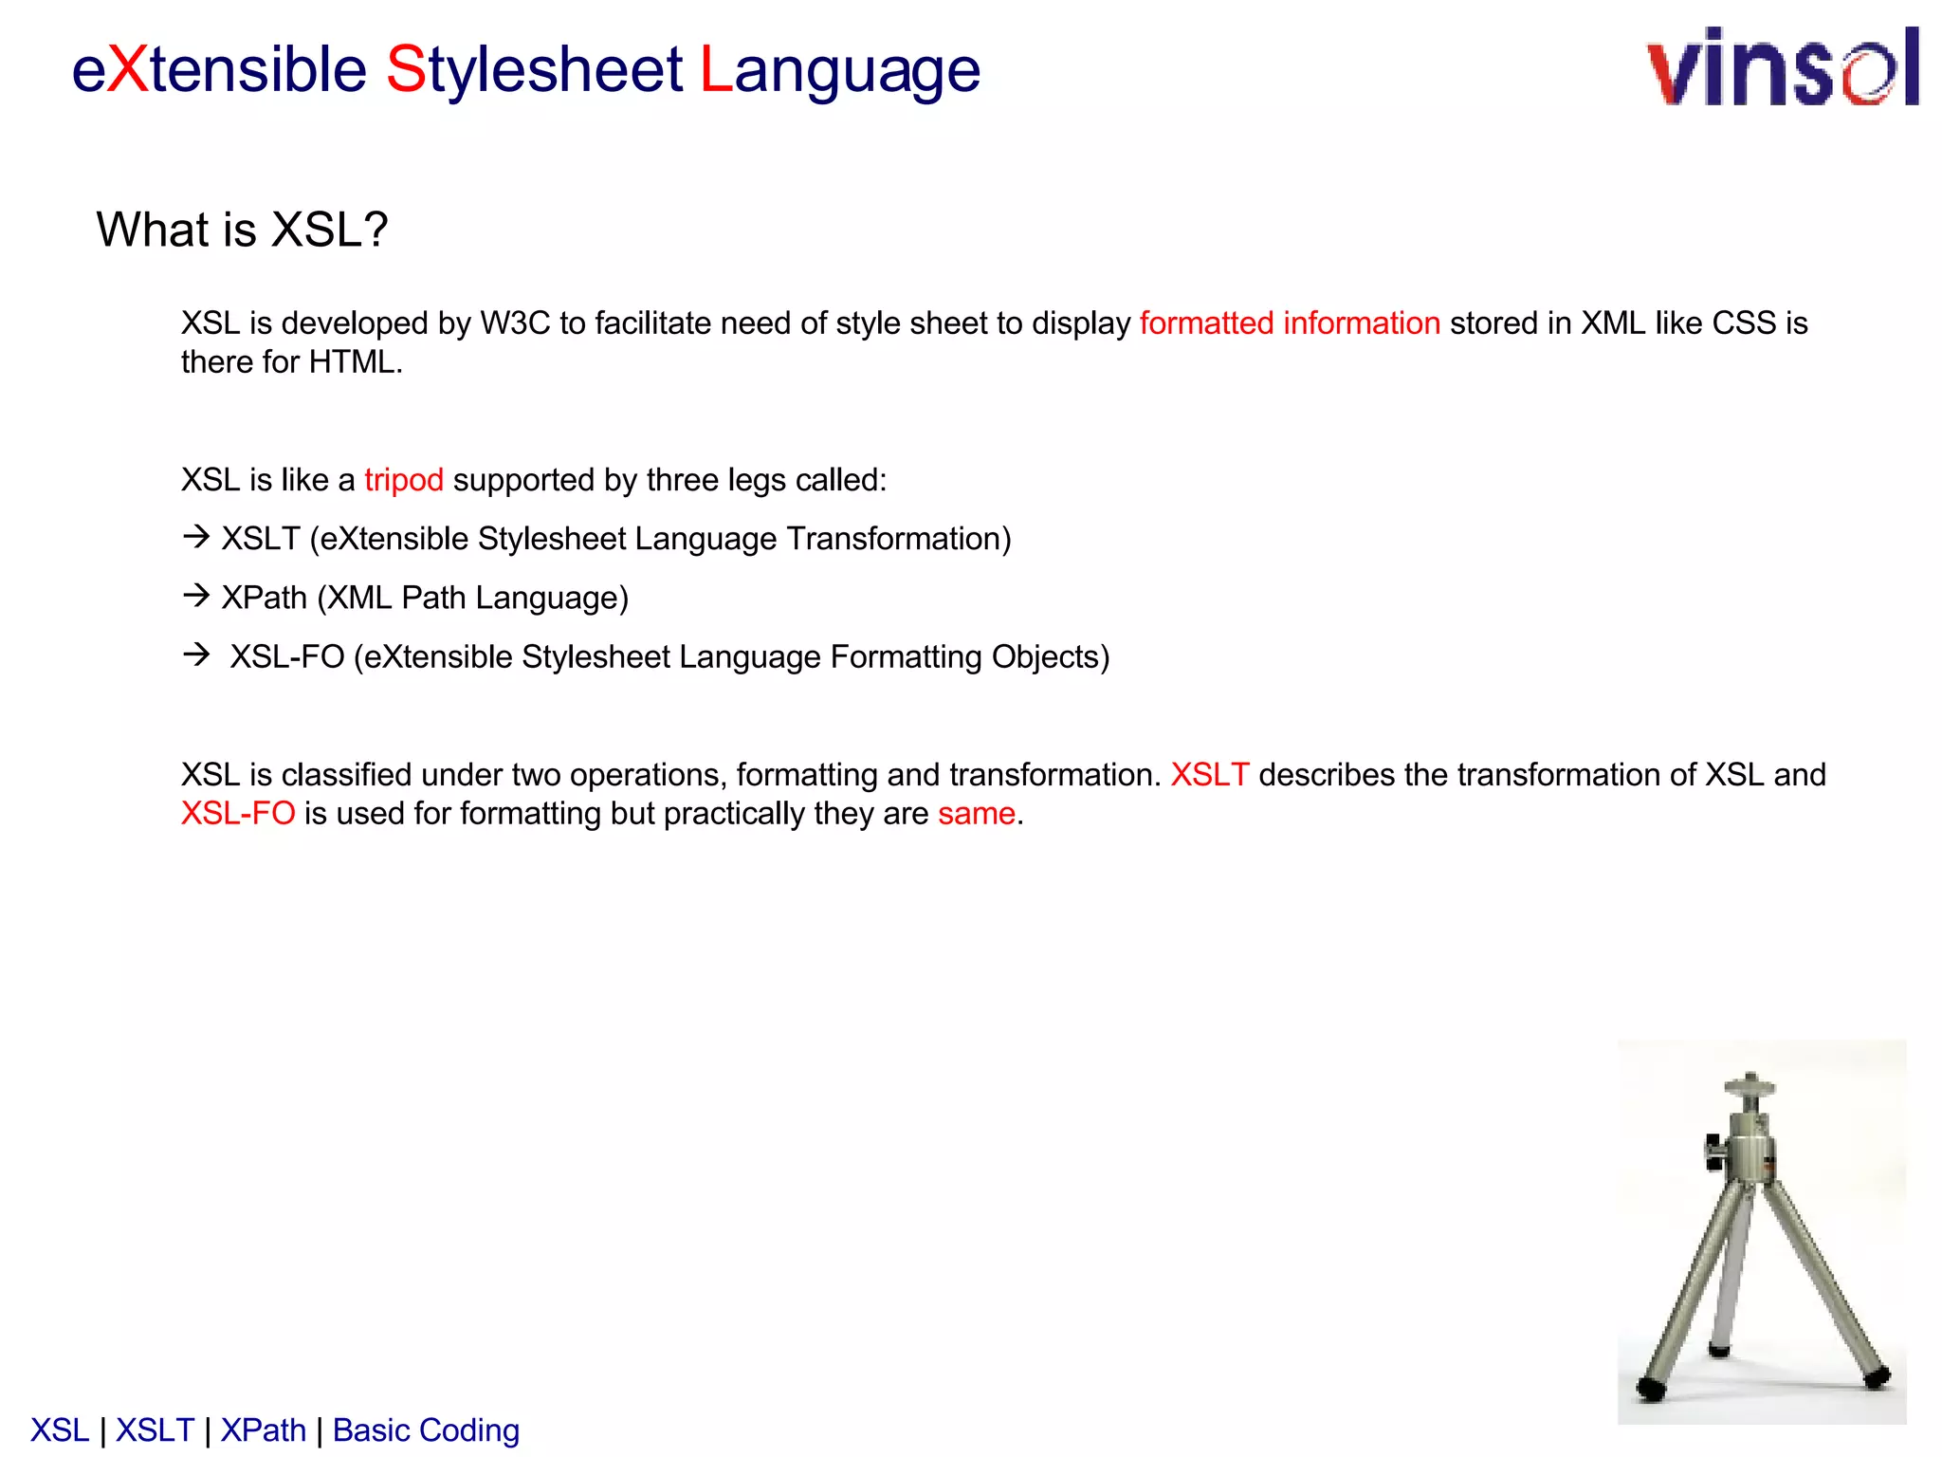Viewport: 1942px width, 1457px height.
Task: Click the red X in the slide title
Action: pyautogui.click(x=127, y=70)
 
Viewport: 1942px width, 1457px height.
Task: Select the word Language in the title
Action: pyautogui.click(x=840, y=70)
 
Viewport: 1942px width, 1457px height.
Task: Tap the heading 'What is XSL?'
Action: pyautogui.click(x=242, y=230)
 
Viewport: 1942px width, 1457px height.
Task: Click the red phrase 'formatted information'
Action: pyautogui.click(x=1290, y=323)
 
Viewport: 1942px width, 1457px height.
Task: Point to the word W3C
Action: pyautogui.click(x=515, y=323)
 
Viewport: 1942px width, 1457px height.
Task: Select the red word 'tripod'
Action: pyautogui.click(x=404, y=480)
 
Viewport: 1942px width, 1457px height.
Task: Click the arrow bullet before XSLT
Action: pyautogui.click(x=196, y=537)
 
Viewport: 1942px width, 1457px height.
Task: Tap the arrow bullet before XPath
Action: pyautogui.click(x=196, y=596)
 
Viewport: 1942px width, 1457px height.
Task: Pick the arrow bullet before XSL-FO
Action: pyautogui.click(x=196, y=655)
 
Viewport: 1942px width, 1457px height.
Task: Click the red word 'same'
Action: pyautogui.click(x=977, y=814)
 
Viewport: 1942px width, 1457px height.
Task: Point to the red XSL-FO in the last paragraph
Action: pyautogui.click(x=238, y=814)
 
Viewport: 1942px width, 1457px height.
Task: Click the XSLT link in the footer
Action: pyautogui.click(x=155, y=1430)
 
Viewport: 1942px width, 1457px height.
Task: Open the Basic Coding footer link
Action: pyautogui.click(x=426, y=1430)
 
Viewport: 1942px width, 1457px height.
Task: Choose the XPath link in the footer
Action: pyautogui.click(x=264, y=1430)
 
